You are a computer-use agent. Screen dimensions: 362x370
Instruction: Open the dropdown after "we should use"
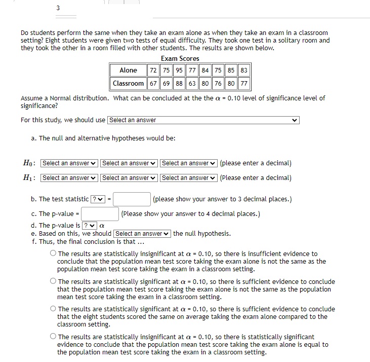(203, 120)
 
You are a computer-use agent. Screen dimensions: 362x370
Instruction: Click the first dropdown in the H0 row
(69, 163)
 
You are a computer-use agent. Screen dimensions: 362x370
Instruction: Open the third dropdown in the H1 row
(189, 178)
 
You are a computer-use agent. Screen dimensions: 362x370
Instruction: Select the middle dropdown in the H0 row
(129, 163)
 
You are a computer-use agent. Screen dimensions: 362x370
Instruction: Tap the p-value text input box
(100, 214)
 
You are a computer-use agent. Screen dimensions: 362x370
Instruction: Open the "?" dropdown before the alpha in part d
(89, 226)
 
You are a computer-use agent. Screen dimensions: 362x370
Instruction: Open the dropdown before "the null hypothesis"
(142, 234)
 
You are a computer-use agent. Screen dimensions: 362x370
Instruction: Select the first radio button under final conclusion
(53, 254)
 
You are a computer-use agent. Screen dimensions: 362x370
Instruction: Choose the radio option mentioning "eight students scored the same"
(53, 309)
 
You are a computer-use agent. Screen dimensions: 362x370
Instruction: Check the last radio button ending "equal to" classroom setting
(53, 337)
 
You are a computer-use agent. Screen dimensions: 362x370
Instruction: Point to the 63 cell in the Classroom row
(192, 83)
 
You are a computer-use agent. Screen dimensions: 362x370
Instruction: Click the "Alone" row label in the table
(128, 70)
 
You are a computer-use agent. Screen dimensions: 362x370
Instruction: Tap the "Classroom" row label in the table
(128, 83)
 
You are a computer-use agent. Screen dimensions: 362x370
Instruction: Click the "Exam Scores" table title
(180, 59)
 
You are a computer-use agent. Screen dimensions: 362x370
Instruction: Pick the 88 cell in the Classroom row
(179, 83)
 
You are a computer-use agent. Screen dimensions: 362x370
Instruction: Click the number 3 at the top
(58, 8)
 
